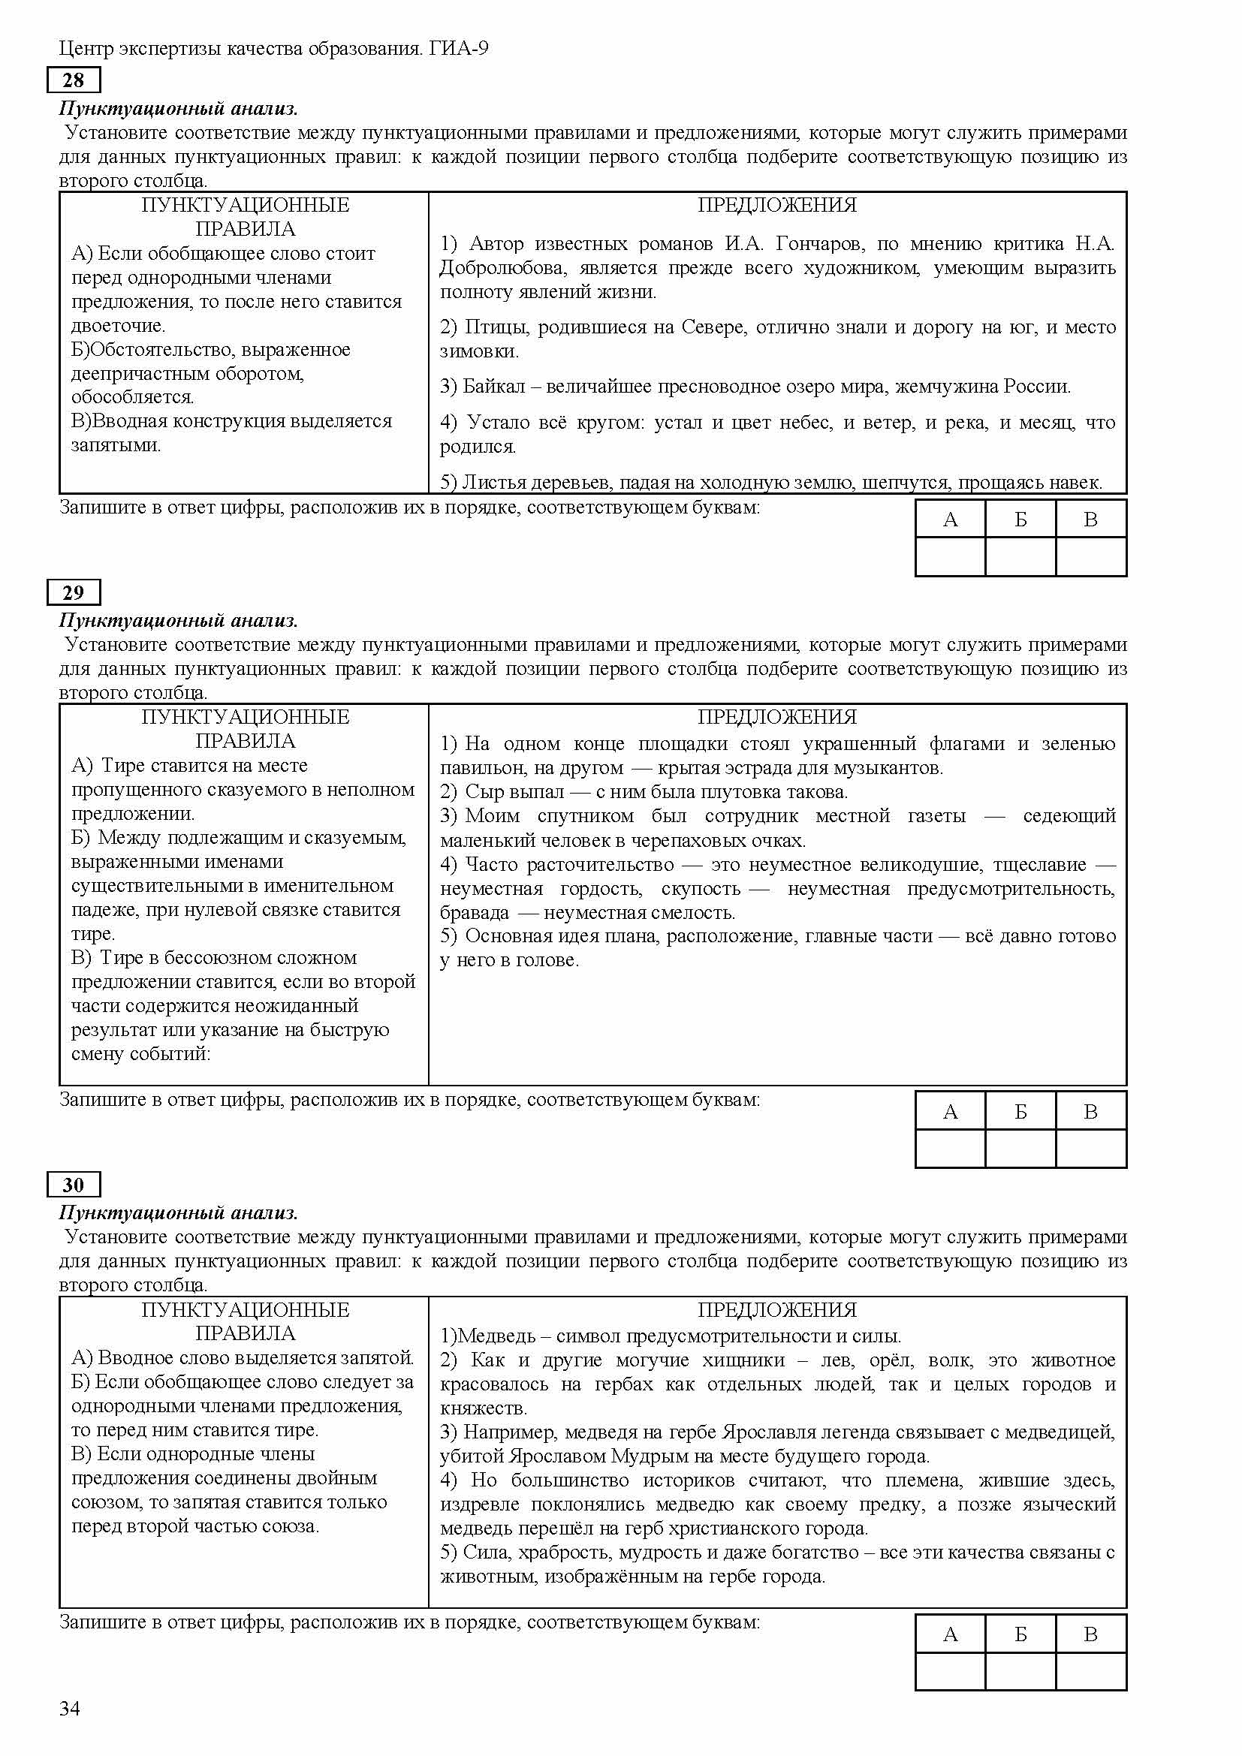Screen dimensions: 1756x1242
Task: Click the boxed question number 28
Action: coord(73,80)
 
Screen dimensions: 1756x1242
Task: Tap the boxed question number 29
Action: coord(73,593)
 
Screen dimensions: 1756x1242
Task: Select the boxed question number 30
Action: coord(73,1185)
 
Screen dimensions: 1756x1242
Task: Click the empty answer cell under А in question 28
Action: coord(950,557)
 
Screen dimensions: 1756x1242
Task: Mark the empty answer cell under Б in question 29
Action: coord(1020,1149)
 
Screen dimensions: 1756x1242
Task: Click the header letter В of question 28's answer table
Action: coord(1090,520)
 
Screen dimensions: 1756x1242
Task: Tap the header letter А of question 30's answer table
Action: coord(950,1634)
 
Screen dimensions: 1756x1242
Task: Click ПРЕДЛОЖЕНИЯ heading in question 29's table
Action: coord(777,718)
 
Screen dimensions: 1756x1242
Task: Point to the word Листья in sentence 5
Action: coord(494,483)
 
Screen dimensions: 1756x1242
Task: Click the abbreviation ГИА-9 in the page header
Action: coord(459,49)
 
